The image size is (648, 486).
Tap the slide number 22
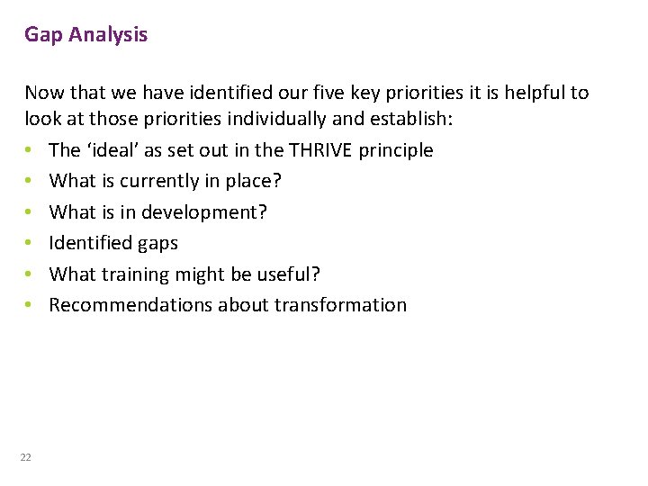pyautogui.click(x=26, y=457)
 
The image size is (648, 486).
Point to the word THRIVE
pyautogui.click(x=319, y=150)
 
